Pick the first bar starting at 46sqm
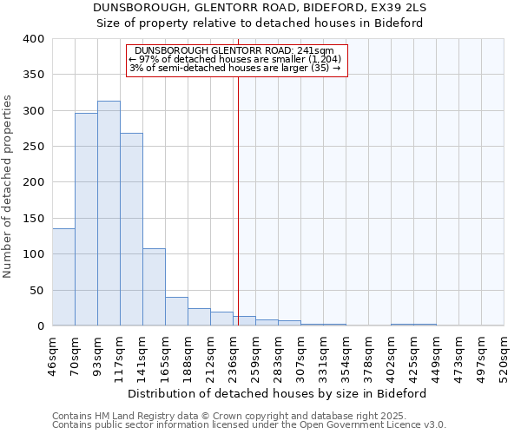point(63,277)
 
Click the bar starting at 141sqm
point(154,287)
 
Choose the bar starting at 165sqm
point(176,312)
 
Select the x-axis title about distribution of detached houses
point(277,393)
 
